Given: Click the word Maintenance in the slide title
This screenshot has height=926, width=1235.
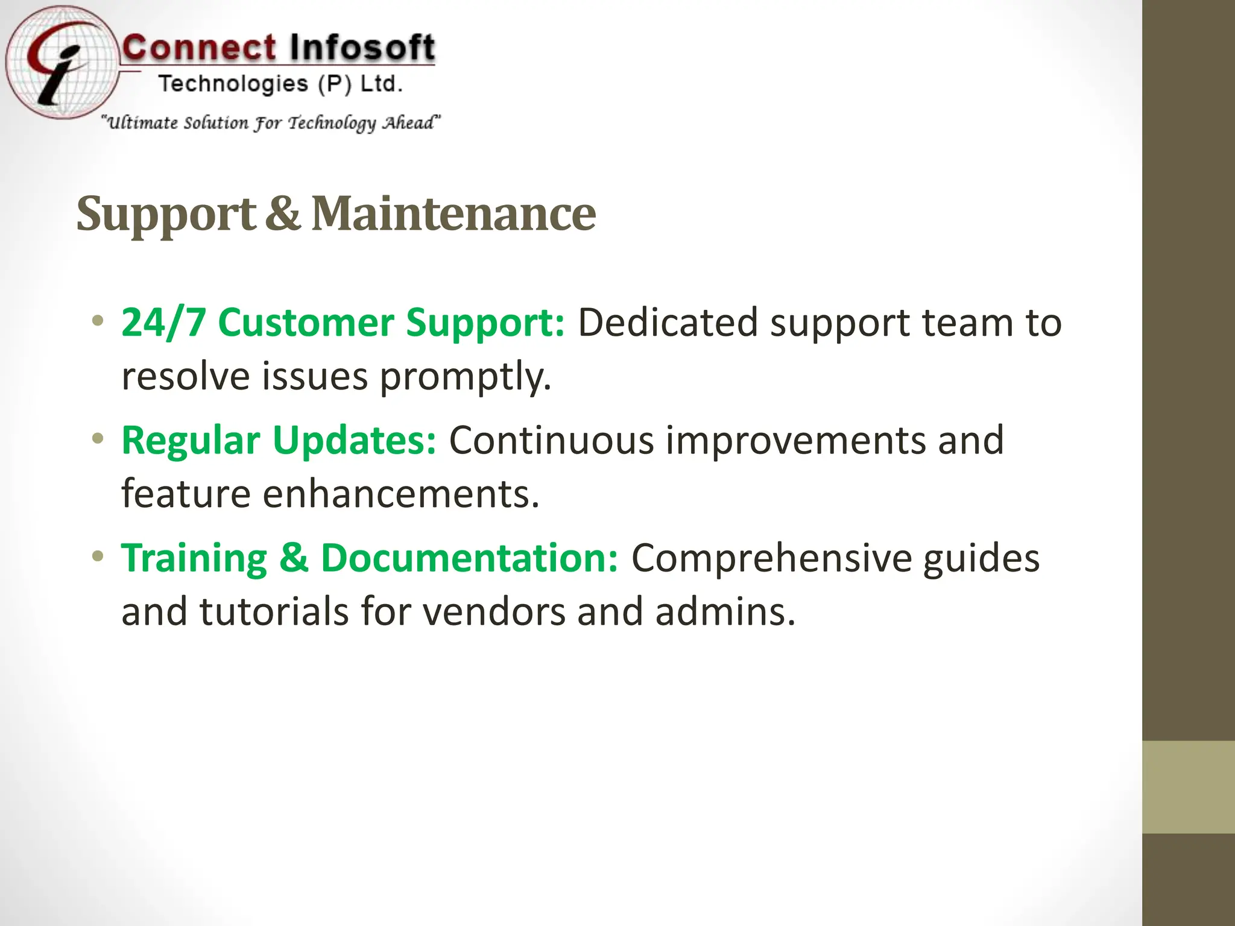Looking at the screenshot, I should click(x=453, y=214).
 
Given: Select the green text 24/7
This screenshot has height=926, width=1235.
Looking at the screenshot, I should click(x=163, y=323).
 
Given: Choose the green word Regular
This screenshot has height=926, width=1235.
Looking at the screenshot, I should click(x=191, y=441).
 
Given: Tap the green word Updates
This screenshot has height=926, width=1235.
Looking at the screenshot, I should click(x=354, y=441).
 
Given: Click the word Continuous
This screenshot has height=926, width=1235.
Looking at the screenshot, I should click(x=551, y=441).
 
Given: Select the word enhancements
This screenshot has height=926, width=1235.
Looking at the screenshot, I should click(x=400, y=494).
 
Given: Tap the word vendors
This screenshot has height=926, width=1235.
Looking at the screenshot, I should click(x=493, y=612).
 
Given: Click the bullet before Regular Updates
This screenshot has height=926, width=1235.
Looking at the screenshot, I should click(x=98, y=439).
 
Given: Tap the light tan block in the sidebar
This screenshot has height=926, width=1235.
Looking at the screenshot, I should click(x=1189, y=787).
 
